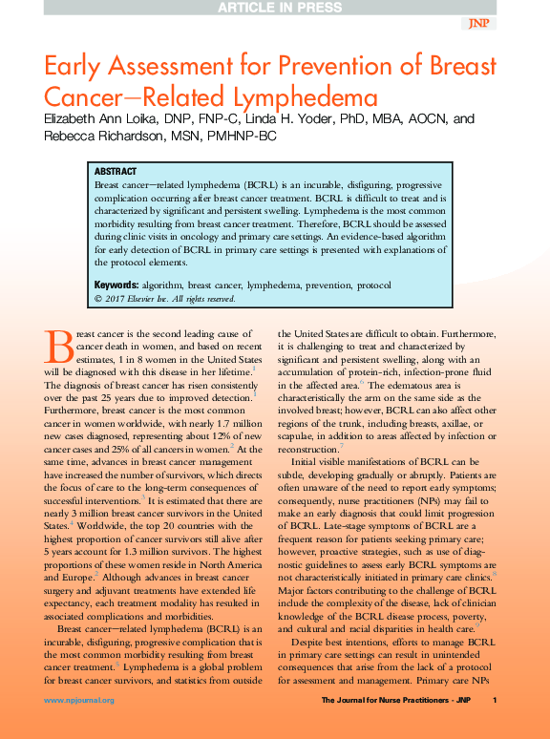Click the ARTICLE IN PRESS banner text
[274, 8]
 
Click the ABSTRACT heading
[116, 171]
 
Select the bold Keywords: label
[116, 285]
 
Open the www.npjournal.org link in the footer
[79, 701]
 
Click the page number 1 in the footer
[495, 701]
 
